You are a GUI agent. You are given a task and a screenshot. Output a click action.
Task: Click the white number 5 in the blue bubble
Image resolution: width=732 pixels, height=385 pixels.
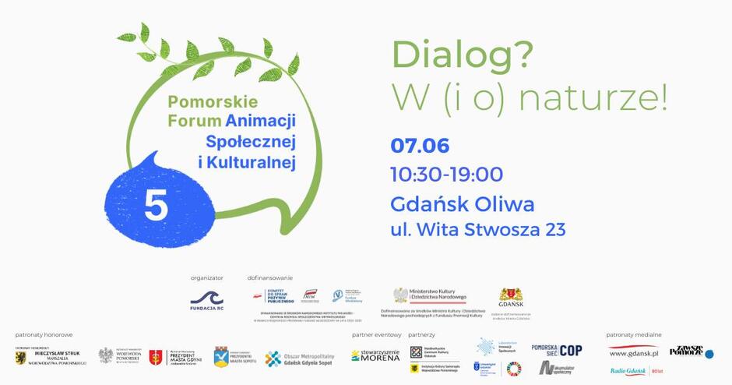156,206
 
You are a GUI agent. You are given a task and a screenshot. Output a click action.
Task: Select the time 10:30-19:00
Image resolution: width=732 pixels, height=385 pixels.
447,175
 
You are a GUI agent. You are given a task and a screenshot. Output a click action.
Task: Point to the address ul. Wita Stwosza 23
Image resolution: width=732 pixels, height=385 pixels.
477,229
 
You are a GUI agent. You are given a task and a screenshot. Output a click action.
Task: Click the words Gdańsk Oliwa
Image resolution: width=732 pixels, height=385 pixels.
463,204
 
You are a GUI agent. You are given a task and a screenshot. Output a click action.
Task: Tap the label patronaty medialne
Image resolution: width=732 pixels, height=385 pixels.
634,334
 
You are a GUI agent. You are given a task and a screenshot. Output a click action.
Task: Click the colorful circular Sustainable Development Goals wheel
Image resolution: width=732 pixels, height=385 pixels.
514,369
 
